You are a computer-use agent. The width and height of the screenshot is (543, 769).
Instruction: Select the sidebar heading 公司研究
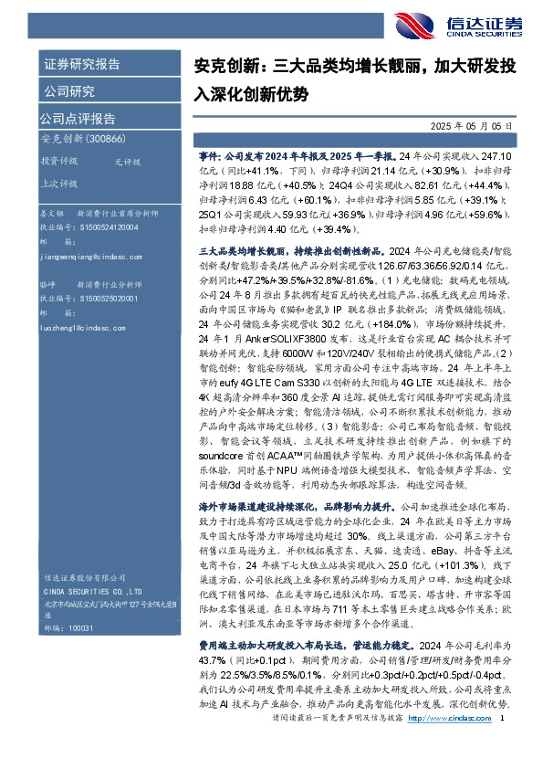click(x=68, y=90)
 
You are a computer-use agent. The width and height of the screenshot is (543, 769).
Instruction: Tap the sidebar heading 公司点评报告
click(x=78, y=118)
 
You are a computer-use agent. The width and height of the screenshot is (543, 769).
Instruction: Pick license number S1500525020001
click(x=90, y=299)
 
